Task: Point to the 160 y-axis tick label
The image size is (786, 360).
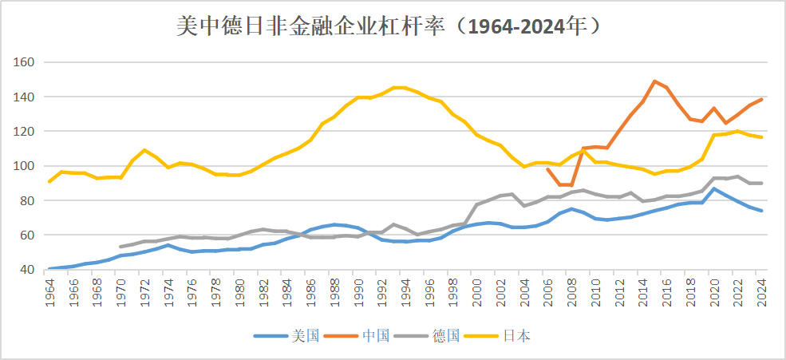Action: click(26, 62)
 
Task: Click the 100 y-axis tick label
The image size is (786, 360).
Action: click(26, 166)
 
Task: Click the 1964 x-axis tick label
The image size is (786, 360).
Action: click(49, 291)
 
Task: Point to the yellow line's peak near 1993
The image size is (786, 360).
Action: click(397, 87)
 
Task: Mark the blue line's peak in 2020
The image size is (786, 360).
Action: click(715, 188)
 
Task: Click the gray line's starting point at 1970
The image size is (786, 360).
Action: click(120, 247)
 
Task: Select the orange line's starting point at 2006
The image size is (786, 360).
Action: click(547, 169)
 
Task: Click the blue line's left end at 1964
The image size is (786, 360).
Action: click(49, 269)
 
